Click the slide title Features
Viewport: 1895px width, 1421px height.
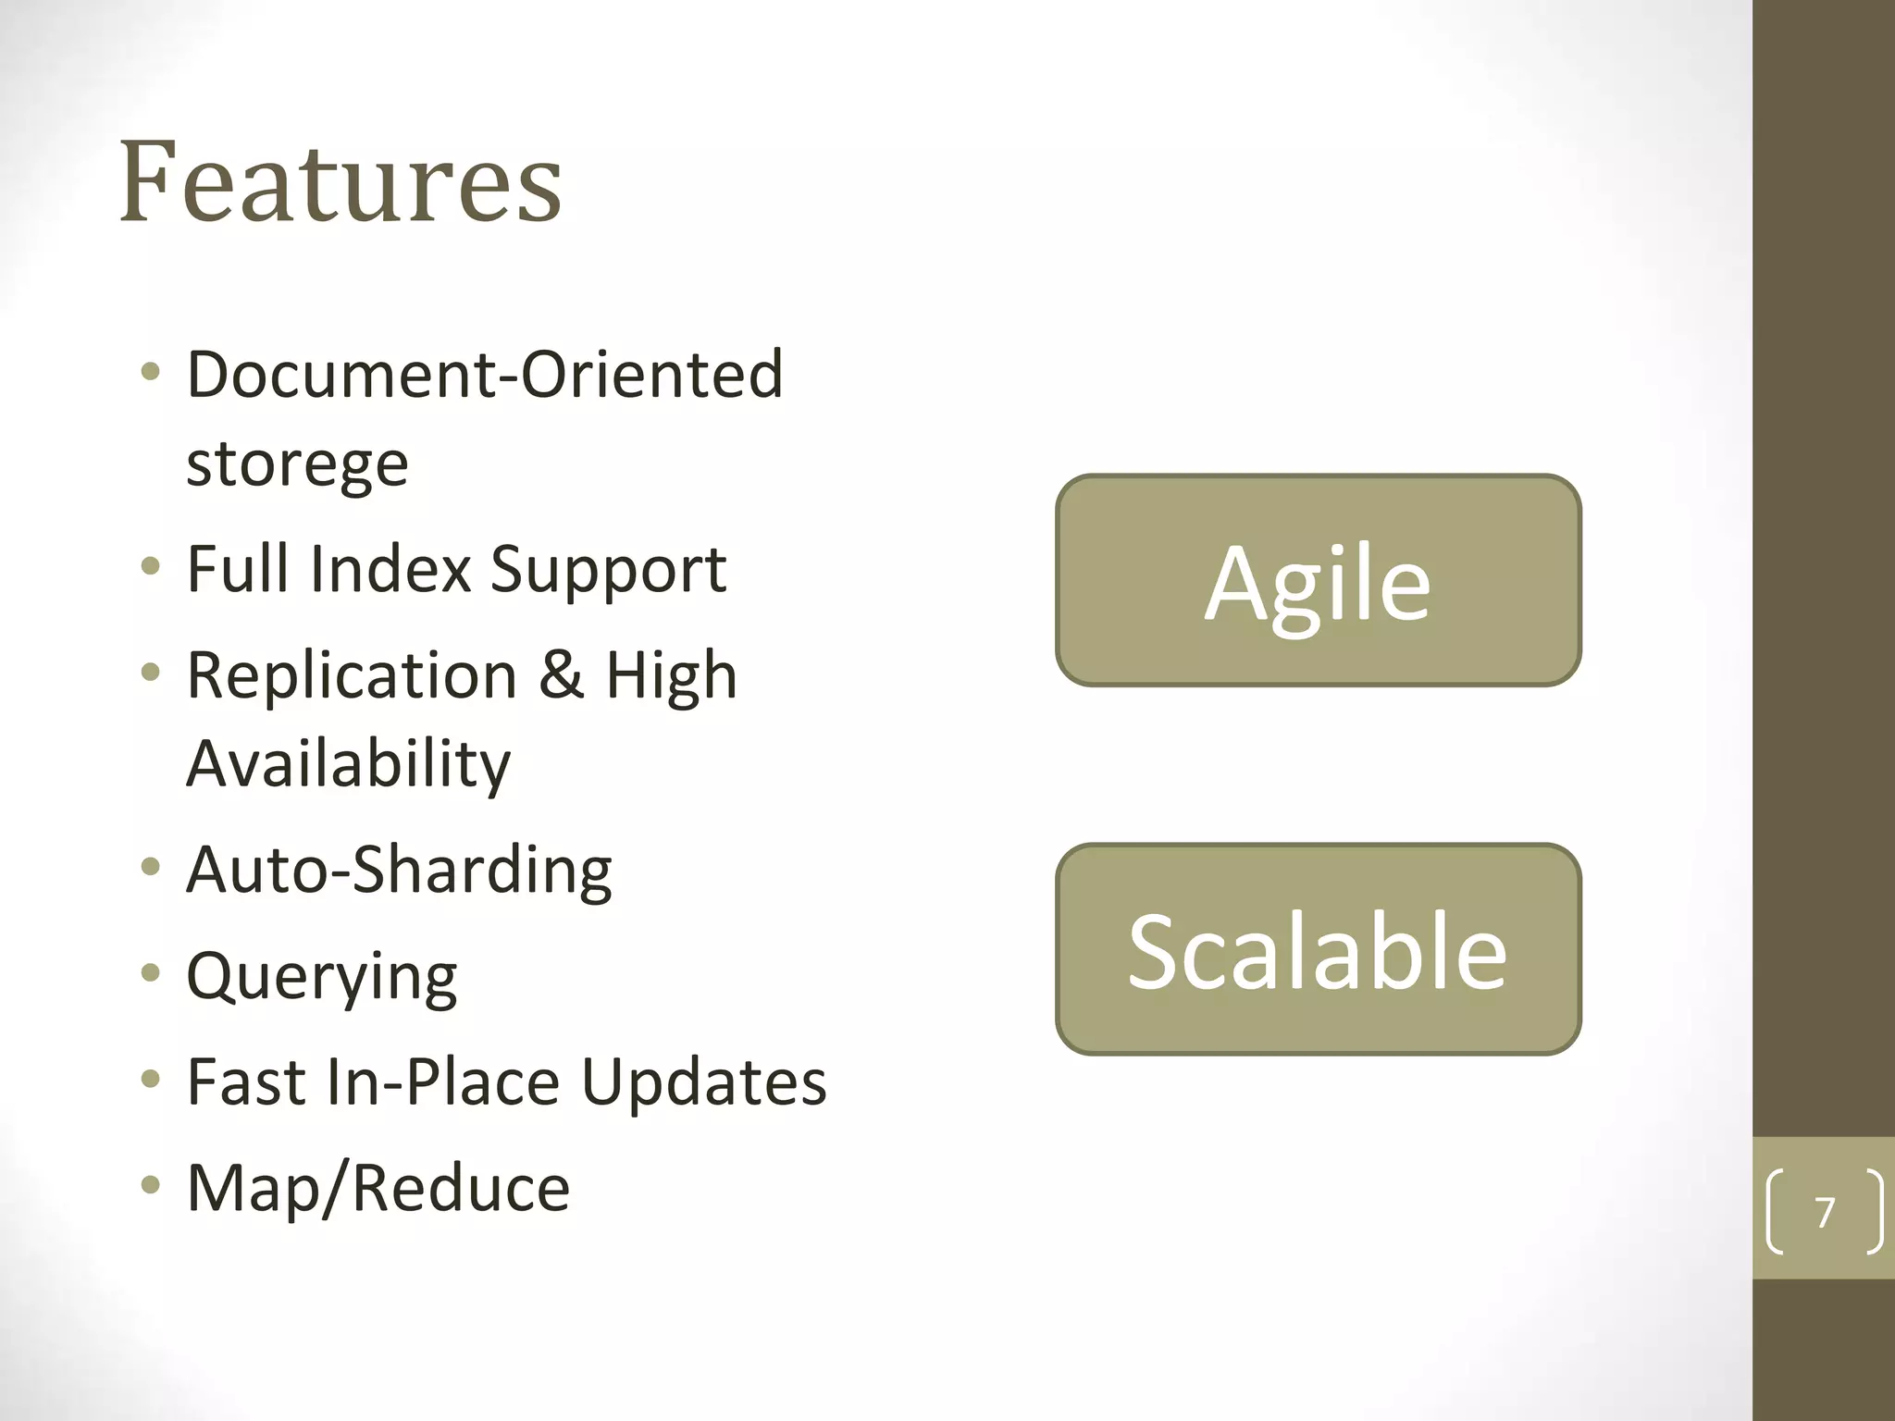click(341, 181)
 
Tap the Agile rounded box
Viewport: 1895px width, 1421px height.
click(1318, 581)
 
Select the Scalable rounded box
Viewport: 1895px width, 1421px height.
click(1318, 950)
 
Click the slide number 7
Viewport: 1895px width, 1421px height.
click(1824, 1212)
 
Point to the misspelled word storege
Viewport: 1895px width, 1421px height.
click(297, 463)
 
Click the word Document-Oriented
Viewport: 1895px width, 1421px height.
click(485, 375)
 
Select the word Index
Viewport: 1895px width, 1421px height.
click(390, 569)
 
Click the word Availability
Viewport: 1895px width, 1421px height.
click(348, 764)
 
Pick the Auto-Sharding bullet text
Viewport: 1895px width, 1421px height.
click(399, 870)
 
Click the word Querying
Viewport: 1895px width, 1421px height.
click(321, 977)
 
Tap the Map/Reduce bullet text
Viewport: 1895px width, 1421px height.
click(378, 1188)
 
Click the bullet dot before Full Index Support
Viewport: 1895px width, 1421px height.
click(151, 566)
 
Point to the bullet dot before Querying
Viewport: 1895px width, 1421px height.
click(151, 973)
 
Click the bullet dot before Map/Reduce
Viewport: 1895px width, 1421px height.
click(151, 1185)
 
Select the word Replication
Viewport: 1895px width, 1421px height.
click(352, 675)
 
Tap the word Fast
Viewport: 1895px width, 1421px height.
click(245, 1081)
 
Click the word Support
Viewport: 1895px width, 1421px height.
click(608, 571)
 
